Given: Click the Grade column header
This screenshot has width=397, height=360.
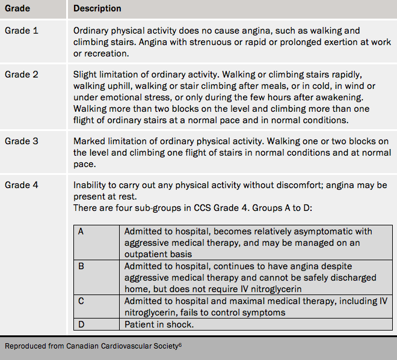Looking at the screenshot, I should coord(17,9).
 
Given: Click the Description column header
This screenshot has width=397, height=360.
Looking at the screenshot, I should coord(97,9).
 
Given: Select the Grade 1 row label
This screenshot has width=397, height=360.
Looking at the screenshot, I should coord(22,30).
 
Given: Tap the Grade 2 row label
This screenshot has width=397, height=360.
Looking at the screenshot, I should coord(22,75).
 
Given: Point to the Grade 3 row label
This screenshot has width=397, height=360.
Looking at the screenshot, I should coord(22,141).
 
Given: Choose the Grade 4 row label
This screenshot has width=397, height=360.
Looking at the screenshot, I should coord(22,185).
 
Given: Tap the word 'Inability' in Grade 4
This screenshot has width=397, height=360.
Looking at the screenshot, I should coord(91,185).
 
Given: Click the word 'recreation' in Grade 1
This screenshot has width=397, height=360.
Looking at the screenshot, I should coord(108,53).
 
